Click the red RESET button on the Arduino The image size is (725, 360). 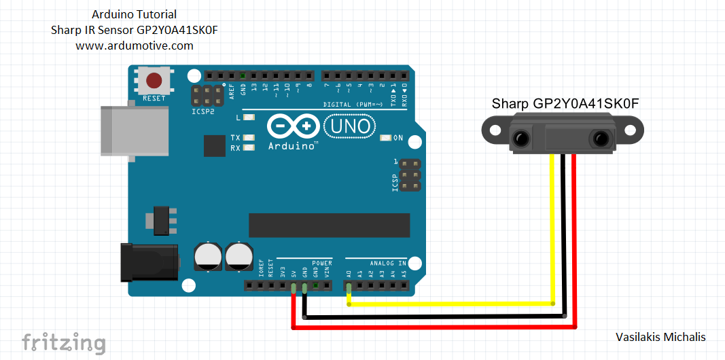click(x=154, y=81)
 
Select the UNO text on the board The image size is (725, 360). click(x=350, y=126)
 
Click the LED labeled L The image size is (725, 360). click(x=248, y=118)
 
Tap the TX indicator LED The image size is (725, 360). click(x=248, y=138)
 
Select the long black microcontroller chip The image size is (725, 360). click(x=329, y=226)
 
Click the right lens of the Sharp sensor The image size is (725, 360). click(x=600, y=139)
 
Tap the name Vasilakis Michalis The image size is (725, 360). click(x=660, y=337)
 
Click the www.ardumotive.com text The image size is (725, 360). click(x=135, y=46)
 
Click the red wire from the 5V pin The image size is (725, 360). click(x=435, y=327)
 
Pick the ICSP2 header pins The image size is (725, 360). click(x=207, y=96)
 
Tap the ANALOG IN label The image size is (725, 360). click(x=388, y=263)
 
